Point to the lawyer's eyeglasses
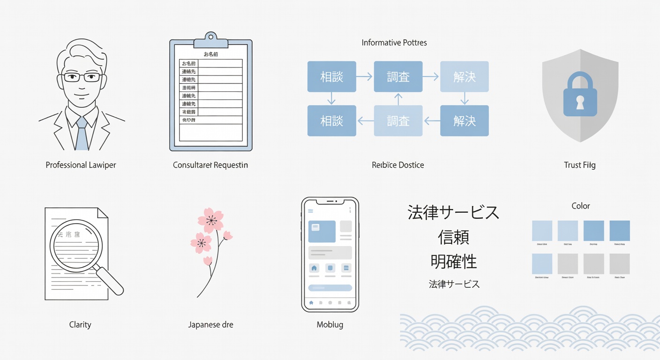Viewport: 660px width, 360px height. (82, 77)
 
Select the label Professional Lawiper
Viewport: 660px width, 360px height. (81, 165)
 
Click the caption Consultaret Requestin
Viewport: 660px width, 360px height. (210, 165)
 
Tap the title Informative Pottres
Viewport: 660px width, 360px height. (394, 43)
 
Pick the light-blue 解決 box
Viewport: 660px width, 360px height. (465, 76)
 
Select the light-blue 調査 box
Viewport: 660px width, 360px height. (398, 120)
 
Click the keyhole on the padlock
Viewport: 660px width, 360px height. (580, 103)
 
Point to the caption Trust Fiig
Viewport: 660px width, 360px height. (580, 165)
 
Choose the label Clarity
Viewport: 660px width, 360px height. (80, 324)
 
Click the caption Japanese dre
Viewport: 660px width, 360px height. (210, 324)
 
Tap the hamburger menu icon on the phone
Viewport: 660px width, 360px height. (310, 211)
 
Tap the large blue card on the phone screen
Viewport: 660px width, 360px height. (322, 231)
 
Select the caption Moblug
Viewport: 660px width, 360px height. (330, 324)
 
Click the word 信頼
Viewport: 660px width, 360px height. (453, 237)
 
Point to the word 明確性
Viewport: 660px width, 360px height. (453, 262)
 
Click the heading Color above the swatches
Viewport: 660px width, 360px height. (581, 206)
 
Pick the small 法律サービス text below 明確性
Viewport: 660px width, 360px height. (454, 284)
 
